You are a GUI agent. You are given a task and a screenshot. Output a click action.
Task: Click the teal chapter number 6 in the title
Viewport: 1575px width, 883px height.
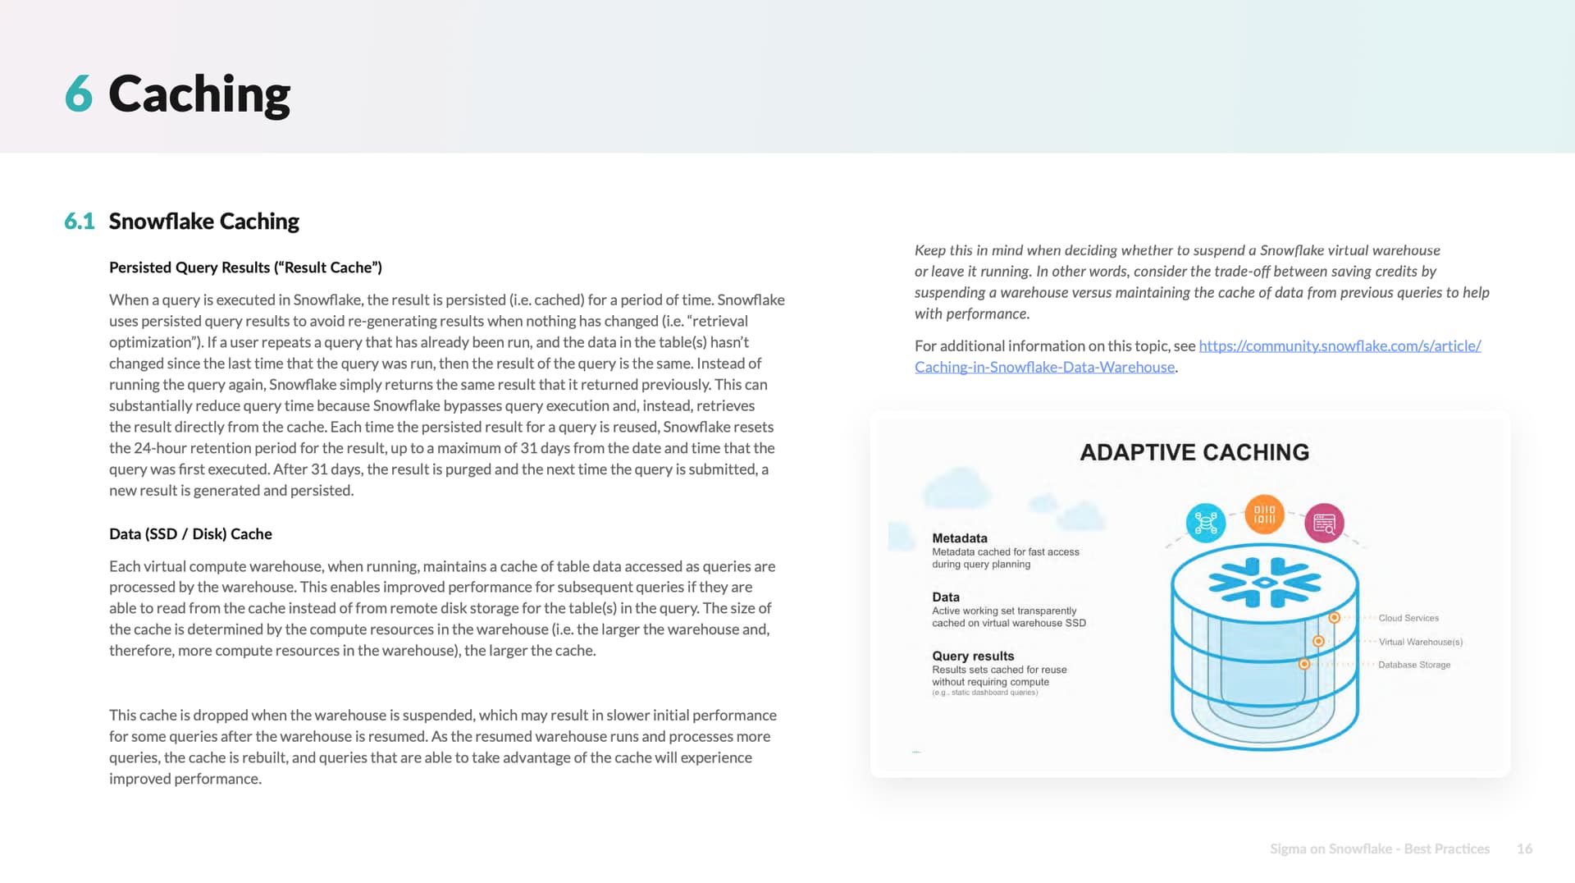78,94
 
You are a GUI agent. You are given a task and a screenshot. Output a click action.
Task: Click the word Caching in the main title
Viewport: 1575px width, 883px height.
199,94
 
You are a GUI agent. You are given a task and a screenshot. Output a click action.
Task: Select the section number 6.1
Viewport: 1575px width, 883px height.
80,222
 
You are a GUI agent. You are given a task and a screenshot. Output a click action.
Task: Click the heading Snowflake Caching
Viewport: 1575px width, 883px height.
203,222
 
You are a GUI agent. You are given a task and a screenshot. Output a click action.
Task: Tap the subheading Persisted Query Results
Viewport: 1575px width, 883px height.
245,268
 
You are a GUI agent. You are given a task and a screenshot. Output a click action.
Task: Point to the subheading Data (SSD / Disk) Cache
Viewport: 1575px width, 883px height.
190,534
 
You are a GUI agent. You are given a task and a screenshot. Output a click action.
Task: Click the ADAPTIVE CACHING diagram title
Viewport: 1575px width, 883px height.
1194,452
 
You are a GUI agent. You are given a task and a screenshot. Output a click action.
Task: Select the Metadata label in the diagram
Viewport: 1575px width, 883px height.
959,538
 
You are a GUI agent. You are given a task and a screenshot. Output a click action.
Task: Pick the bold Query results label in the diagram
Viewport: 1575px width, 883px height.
973,656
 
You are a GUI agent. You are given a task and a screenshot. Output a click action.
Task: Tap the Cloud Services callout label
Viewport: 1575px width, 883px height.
1408,618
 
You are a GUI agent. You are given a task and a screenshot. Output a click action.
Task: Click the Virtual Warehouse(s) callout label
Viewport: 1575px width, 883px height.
1420,642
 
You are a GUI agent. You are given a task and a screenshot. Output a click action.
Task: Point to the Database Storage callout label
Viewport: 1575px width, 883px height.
1414,665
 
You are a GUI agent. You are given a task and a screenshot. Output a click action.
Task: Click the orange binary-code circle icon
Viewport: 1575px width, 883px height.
1264,515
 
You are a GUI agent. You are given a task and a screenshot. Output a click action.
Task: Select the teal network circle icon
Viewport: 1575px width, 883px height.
1206,523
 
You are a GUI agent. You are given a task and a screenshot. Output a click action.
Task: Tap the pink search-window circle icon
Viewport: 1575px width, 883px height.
1324,523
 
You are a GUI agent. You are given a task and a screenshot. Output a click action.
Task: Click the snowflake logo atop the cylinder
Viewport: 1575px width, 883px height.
1264,582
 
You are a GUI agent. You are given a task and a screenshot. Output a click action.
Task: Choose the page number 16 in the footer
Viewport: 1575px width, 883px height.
1524,849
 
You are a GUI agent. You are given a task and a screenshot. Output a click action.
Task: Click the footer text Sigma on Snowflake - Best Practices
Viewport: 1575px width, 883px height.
1379,849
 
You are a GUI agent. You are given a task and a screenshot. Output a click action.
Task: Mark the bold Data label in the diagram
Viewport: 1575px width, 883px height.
946,597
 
